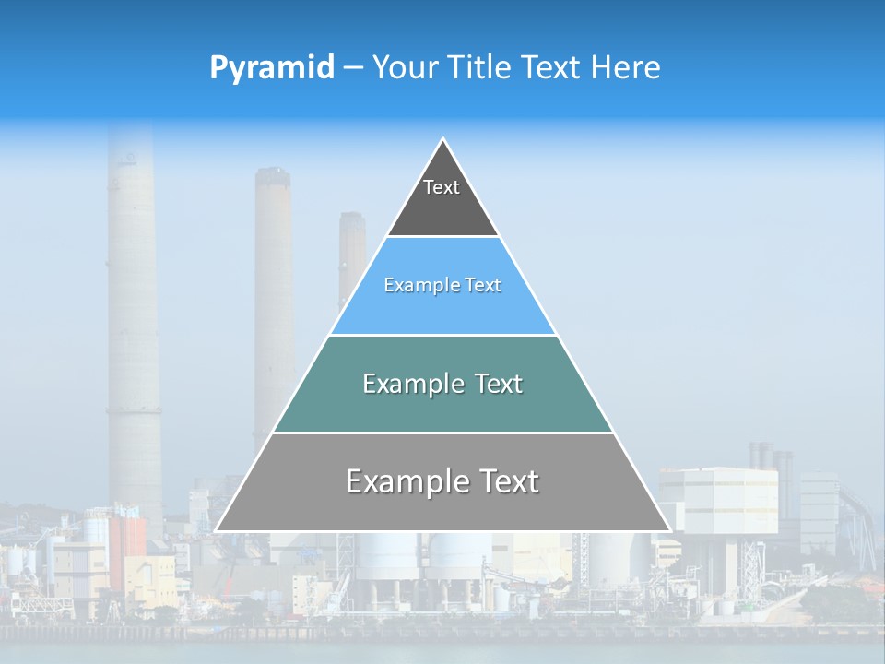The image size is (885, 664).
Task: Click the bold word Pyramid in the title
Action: (x=271, y=68)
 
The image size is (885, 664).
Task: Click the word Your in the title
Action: (x=405, y=68)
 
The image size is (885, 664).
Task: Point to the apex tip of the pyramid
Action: (x=443, y=140)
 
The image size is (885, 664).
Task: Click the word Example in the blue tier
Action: (x=412, y=286)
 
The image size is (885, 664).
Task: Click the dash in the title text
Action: (x=352, y=68)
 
